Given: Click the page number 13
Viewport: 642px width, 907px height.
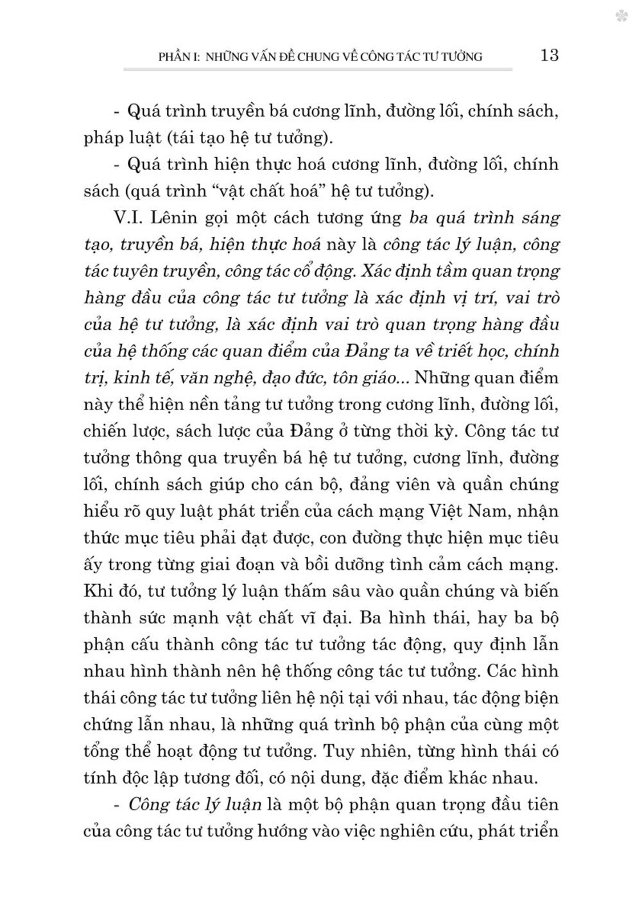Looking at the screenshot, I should (x=550, y=55).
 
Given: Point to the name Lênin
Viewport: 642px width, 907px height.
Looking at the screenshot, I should (x=173, y=218).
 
